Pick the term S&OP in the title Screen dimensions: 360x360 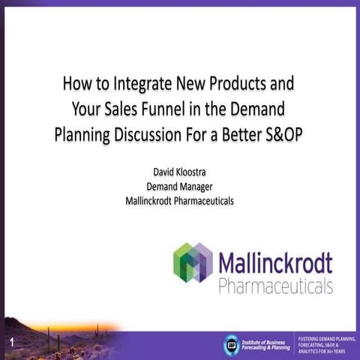point(277,136)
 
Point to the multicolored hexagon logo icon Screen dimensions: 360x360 point(193,262)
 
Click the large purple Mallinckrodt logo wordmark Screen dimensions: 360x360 point(275,264)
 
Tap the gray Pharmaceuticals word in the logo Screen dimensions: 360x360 point(275,286)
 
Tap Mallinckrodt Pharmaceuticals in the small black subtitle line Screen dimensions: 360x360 point(179,200)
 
